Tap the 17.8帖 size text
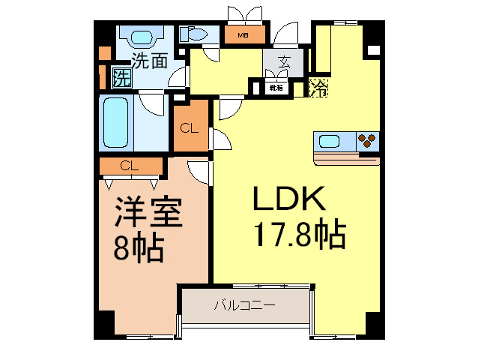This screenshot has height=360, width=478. coord(297,235)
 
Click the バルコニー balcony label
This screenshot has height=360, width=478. coord(244,305)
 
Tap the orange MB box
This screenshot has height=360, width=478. coord(243,34)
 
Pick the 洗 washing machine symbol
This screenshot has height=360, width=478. coord(121,77)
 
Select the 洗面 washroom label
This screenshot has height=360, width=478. coord(149,60)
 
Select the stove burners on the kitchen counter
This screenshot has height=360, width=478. coord(366,140)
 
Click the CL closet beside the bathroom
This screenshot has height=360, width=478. coord(190,127)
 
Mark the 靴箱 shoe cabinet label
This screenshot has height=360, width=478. coord(276,88)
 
